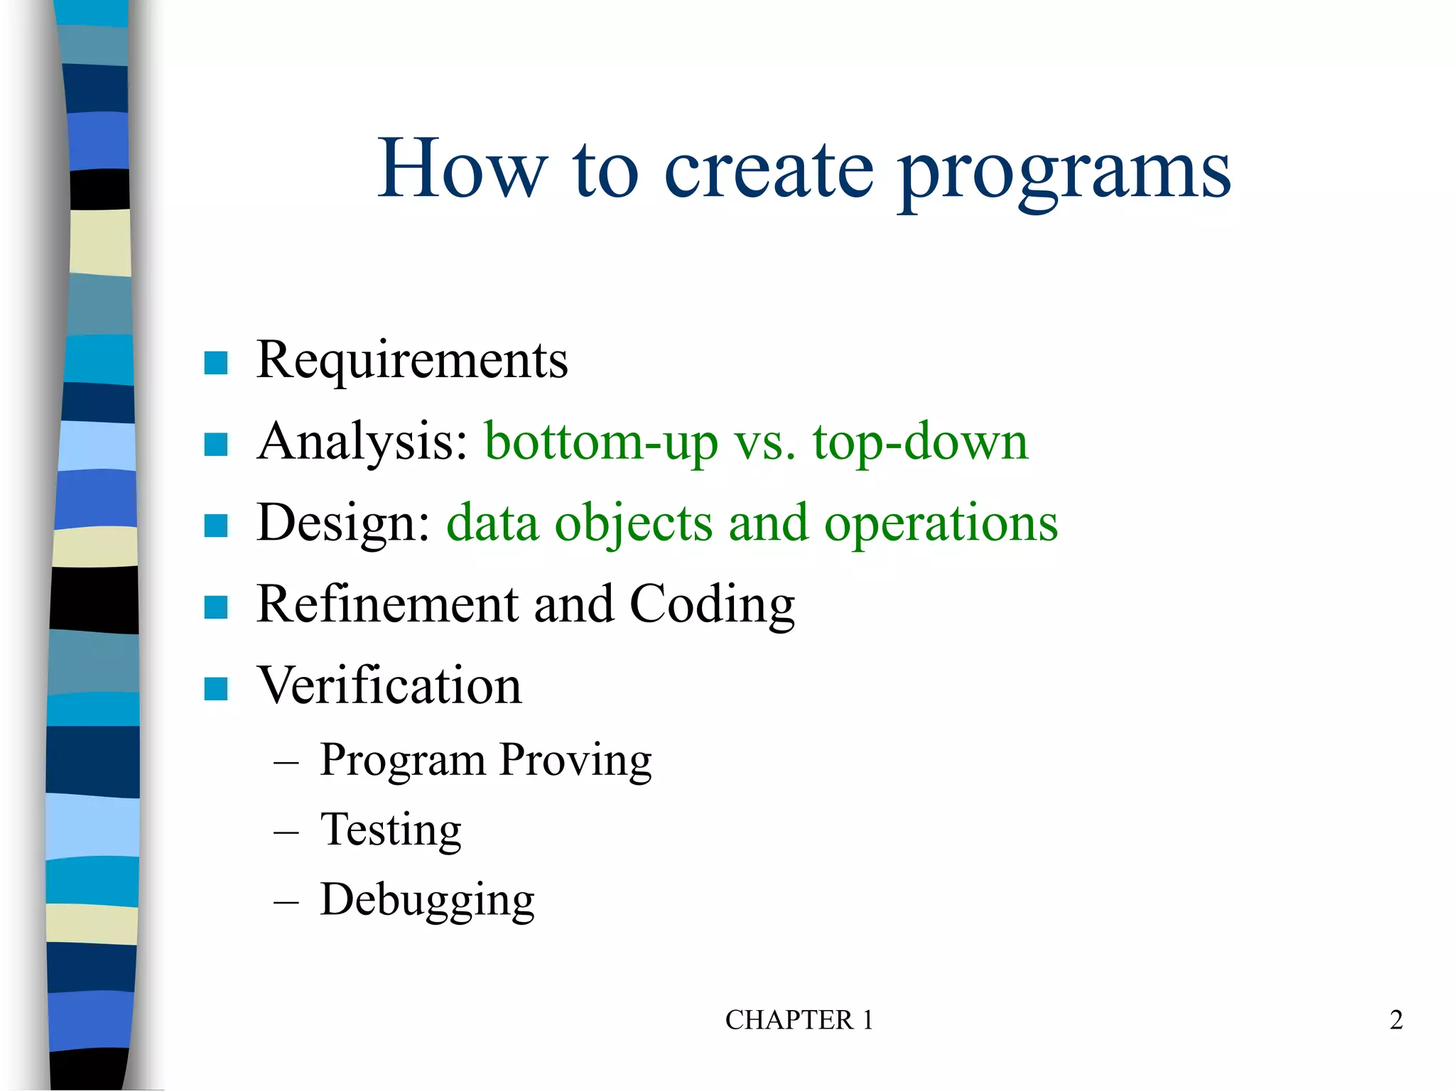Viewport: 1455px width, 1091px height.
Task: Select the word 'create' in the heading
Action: point(768,170)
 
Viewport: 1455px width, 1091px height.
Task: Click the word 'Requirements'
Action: point(412,360)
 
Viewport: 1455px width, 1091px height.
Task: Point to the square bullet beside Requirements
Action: point(215,363)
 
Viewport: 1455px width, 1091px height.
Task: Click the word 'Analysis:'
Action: point(362,442)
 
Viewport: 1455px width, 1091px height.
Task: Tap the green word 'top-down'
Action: point(921,442)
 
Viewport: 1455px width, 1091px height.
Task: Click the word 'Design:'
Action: point(344,523)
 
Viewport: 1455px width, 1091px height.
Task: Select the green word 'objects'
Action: point(633,523)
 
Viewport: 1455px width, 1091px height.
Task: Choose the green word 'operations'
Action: point(941,523)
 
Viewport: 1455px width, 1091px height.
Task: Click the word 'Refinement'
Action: point(387,604)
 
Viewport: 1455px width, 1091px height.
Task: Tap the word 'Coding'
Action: point(712,604)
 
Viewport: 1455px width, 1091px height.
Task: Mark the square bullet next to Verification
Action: point(215,688)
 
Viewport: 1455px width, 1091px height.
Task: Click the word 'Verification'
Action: point(389,686)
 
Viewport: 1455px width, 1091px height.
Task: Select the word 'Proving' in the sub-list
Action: point(575,760)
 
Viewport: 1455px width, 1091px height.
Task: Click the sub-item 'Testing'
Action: point(391,830)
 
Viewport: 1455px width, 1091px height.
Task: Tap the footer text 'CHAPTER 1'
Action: point(799,1020)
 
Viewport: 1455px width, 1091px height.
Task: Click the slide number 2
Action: point(1396,1020)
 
